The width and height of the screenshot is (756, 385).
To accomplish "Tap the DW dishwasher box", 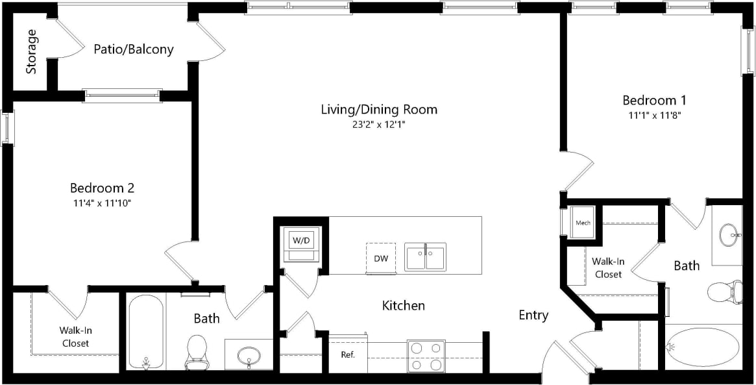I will (x=381, y=258).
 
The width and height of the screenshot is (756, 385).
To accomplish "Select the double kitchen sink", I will (x=425, y=256).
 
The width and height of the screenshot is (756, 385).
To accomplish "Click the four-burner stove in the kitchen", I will (x=426, y=356).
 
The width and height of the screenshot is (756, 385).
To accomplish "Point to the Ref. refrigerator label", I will (x=348, y=354).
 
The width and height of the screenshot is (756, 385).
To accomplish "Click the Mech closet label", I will (x=583, y=223).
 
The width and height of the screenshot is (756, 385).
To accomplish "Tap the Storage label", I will (x=31, y=51).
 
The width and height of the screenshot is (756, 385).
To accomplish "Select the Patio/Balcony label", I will (x=134, y=49).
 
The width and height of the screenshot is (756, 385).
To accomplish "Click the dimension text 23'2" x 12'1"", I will (x=379, y=123).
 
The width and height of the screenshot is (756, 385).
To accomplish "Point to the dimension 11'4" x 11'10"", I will (x=102, y=203).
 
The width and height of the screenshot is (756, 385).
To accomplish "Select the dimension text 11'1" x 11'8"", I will (x=654, y=115).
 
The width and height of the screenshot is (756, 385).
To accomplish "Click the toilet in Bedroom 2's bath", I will (x=196, y=350).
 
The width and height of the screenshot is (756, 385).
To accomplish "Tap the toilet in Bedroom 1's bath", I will (x=723, y=292).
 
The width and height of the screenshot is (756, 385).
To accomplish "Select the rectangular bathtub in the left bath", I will (x=145, y=331).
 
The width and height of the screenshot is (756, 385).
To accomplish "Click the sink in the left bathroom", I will (x=249, y=355).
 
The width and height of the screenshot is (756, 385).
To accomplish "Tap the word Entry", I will (x=533, y=316).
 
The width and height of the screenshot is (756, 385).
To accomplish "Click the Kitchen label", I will (x=403, y=305).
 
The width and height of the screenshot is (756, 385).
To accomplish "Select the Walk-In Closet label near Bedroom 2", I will (x=75, y=336).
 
